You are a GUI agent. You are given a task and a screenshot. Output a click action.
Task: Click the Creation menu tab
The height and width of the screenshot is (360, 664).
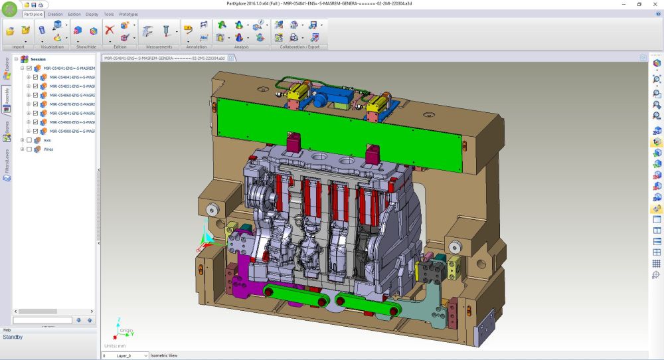[x=55, y=14]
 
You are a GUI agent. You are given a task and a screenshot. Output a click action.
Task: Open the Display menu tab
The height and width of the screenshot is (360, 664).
[x=92, y=14]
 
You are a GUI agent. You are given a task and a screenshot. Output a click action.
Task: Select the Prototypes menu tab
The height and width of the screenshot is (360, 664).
[x=128, y=14]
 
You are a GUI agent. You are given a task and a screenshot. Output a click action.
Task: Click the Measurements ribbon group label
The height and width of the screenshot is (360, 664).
[x=159, y=47]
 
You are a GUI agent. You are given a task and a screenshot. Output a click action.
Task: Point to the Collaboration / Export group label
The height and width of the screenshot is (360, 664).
[x=299, y=47]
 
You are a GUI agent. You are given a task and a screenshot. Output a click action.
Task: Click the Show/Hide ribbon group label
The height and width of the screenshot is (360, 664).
[x=85, y=47]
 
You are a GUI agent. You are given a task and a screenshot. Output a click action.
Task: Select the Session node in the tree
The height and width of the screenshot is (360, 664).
[x=38, y=59]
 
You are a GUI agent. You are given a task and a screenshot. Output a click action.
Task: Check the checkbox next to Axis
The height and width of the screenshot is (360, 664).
[x=29, y=140]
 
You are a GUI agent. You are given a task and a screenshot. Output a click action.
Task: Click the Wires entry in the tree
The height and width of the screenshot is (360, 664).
[x=48, y=149]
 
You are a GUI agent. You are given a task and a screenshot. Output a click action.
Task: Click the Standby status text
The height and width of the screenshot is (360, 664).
[x=13, y=337]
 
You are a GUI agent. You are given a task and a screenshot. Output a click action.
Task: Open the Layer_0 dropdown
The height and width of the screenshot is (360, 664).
[x=145, y=356]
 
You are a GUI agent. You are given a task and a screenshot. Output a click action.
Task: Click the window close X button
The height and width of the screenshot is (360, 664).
[x=655, y=4]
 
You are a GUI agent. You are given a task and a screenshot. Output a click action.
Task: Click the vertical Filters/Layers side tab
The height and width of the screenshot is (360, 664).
[x=6, y=161]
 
